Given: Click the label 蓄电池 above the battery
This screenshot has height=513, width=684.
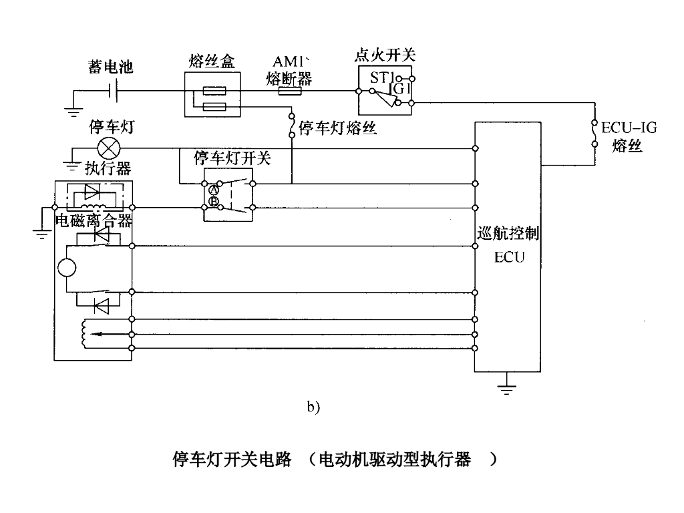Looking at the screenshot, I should pyautogui.click(x=111, y=67).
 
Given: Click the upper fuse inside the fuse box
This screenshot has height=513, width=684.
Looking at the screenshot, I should pyautogui.click(x=217, y=91).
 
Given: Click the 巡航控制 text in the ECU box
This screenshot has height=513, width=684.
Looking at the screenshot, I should pyautogui.click(x=509, y=234).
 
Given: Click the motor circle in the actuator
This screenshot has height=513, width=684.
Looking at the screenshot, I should pyautogui.click(x=67, y=269).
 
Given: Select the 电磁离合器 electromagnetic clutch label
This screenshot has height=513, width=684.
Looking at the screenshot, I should pyautogui.click(x=92, y=221).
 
